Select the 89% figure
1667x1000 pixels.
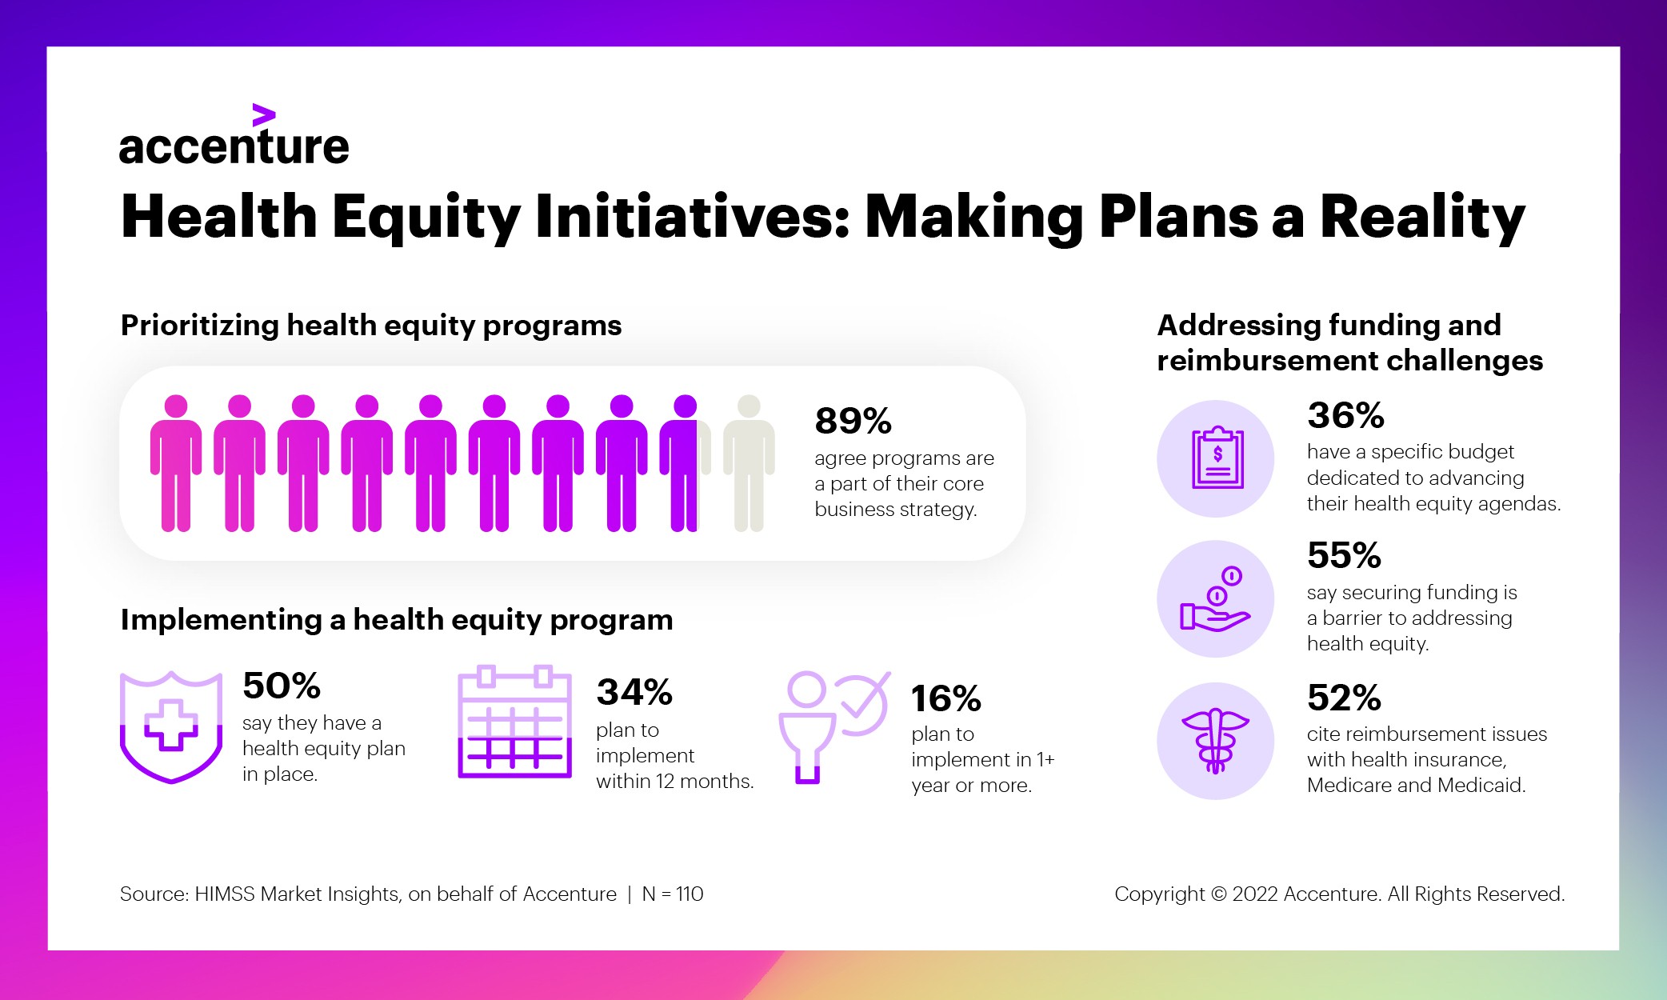pos(853,421)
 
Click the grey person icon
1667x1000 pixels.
pos(749,463)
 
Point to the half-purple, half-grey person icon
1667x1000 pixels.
pos(685,463)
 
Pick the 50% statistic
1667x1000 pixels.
pos(281,686)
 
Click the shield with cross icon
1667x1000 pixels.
pos(171,726)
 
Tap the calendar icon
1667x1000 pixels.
pos(514,722)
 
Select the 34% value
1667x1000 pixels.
pos(634,692)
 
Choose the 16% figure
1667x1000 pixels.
pos(945,698)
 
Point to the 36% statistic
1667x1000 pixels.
pos(1345,415)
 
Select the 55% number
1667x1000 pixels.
pos(1344,555)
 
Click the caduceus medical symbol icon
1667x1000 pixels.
pos(1216,741)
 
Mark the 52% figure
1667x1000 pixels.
pos(1344,698)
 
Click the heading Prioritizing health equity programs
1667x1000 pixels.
pos(371,326)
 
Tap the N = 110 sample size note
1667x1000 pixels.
pos(673,894)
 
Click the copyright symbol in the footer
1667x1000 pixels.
pos(1218,894)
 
